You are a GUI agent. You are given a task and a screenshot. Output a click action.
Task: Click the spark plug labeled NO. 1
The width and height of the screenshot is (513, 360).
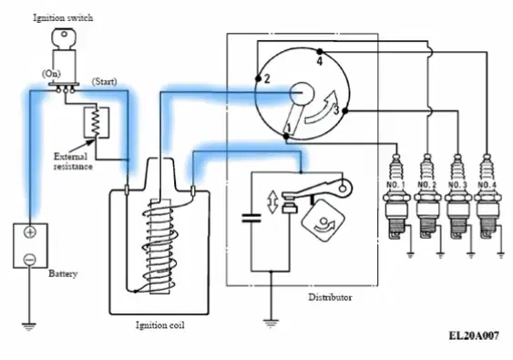[x=397, y=196]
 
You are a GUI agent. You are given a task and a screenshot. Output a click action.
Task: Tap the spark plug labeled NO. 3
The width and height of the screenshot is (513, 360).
[x=458, y=196]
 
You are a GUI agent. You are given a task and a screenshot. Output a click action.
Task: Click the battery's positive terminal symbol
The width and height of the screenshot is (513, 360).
[x=30, y=232]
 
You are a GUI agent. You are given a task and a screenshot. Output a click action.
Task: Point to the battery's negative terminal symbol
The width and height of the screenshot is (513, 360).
[x=29, y=260]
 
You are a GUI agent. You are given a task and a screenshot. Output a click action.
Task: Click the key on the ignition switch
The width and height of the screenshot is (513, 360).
[x=64, y=39]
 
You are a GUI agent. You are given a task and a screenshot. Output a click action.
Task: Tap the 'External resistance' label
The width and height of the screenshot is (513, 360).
[x=73, y=161]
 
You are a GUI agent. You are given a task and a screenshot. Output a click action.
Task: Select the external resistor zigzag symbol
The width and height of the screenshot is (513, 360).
[x=96, y=122]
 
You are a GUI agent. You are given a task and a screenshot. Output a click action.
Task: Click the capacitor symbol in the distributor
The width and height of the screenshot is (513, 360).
[x=251, y=218]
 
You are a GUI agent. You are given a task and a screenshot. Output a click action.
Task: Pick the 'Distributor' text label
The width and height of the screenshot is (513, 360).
[x=330, y=297]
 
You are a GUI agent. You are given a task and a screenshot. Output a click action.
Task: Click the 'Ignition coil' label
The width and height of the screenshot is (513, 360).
[x=160, y=325]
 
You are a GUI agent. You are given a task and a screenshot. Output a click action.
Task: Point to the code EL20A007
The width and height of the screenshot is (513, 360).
[x=474, y=335]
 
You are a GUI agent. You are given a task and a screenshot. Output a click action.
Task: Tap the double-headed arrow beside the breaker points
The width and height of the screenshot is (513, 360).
[x=272, y=202]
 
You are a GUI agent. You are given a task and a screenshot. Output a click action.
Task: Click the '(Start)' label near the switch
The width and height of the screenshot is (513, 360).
[x=105, y=81]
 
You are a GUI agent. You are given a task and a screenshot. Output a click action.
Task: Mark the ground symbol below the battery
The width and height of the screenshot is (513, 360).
[x=29, y=326]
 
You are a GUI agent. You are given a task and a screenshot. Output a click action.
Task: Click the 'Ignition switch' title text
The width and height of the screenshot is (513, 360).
[x=63, y=17]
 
